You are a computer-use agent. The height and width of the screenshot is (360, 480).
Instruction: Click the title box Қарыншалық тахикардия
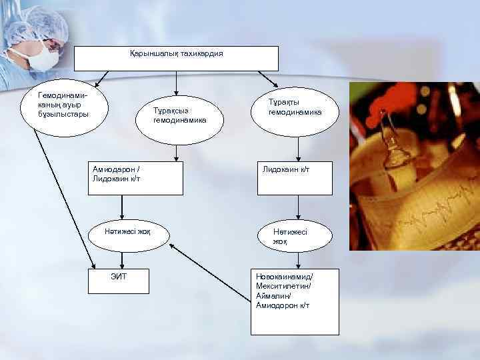pos(176,58)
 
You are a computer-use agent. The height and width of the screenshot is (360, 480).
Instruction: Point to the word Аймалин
pos(271,295)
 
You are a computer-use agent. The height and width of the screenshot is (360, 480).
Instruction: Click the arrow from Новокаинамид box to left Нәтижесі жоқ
pos(209,267)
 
